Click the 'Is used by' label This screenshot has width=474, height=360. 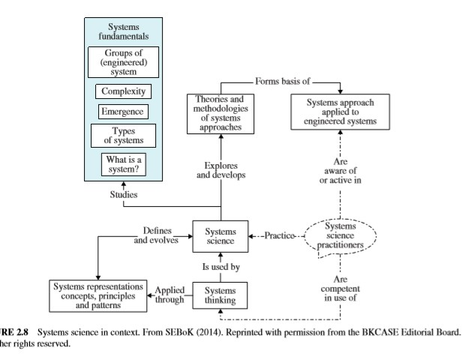(220, 265)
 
